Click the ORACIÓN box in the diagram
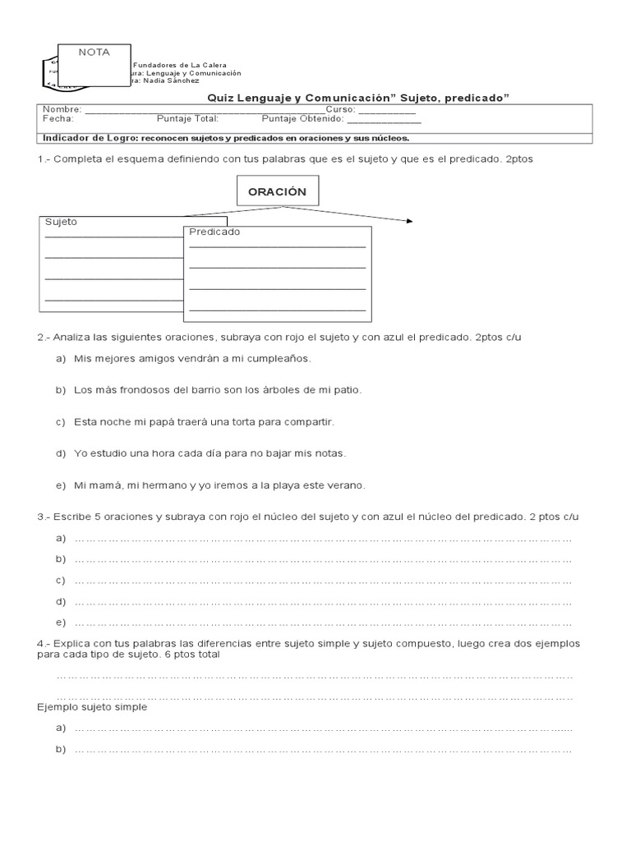pos(271,191)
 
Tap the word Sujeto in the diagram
pos(62,222)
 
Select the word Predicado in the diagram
pos(214,232)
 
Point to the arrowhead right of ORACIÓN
pos(409,221)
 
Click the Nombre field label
pos(62,109)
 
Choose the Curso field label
pos(340,109)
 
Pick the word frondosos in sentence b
pos(136,390)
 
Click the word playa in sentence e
pos(275,485)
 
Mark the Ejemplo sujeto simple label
pos(92,707)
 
